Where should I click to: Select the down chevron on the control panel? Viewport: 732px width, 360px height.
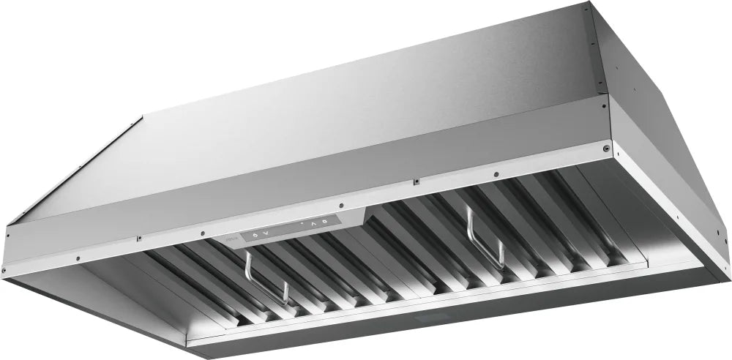tap(266, 233)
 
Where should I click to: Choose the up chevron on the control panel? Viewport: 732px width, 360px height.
tap(313, 222)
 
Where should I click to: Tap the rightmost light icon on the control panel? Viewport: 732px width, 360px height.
tap(324, 220)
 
